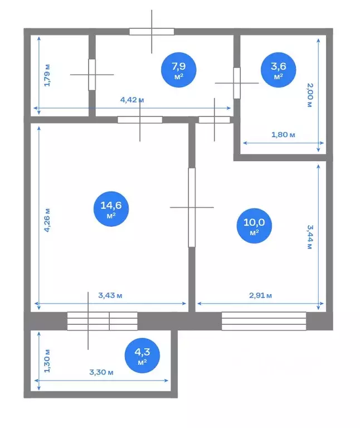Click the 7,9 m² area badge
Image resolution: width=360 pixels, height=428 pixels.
(178, 70)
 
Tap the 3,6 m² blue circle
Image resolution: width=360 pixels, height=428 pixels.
(278, 70)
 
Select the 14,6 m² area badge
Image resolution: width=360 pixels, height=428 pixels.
(111, 209)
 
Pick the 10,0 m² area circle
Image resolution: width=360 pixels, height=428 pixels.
(254, 226)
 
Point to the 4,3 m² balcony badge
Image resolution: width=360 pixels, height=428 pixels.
(142, 356)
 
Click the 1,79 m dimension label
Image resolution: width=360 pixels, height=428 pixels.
(47, 75)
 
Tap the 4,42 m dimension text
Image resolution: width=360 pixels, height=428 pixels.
(132, 100)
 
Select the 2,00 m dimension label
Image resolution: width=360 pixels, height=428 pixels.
(310, 95)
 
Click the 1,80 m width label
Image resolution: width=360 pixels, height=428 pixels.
(283, 134)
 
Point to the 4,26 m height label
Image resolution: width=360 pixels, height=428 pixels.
(47, 220)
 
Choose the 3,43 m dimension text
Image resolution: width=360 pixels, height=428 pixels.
(110, 295)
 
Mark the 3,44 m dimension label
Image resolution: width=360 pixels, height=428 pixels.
(310, 237)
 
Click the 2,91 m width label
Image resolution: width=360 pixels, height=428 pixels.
(260, 295)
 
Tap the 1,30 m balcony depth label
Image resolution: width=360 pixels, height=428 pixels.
(47, 361)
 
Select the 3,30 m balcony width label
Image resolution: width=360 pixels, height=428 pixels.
(101, 372)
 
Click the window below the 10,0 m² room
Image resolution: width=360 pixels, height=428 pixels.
(264, 321)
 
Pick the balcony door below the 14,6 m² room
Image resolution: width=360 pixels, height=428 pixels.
(103, 321)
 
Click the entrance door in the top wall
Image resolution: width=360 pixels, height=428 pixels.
(152, 32)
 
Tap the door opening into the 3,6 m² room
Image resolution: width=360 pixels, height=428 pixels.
(237, 83)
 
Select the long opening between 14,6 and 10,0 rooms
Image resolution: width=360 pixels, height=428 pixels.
(192, 207)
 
